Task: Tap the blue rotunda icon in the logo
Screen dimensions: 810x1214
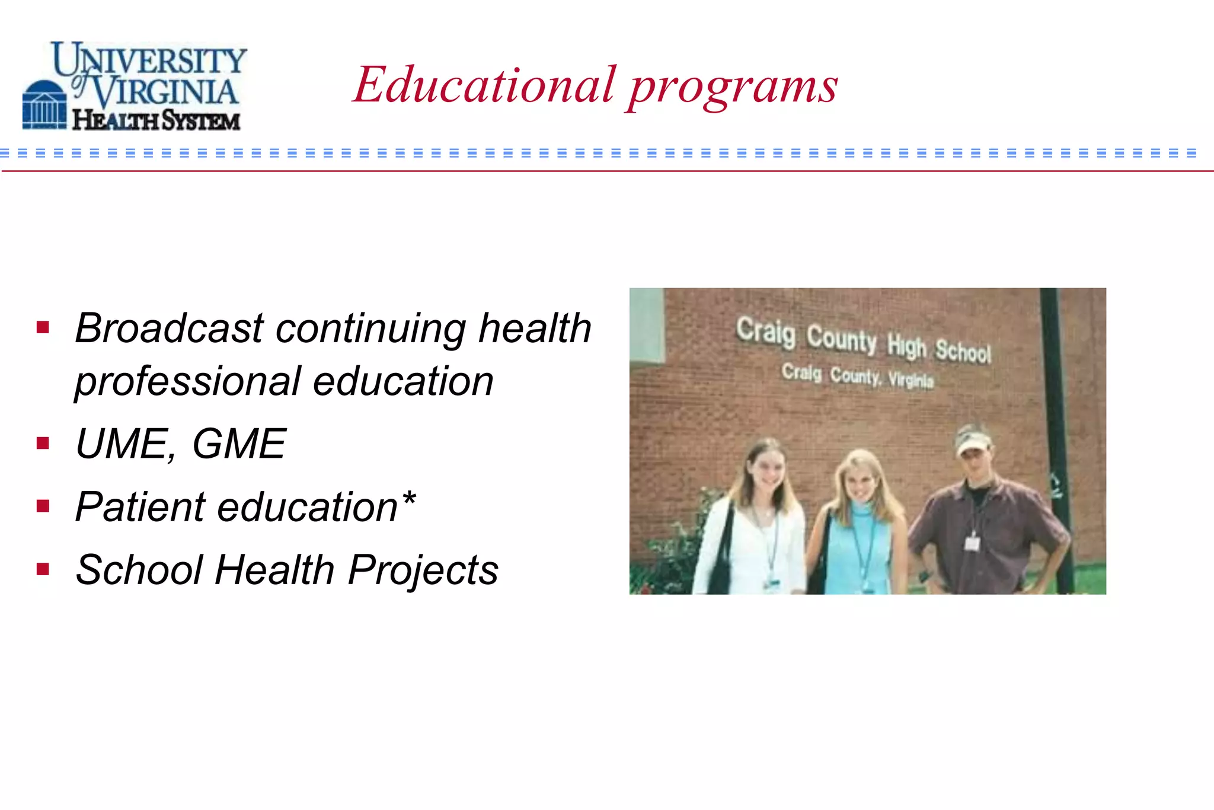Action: tap(44, 105)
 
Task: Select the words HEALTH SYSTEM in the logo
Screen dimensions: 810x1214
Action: tap(156, 120)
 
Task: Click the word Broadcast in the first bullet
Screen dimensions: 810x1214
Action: tap(169, 328)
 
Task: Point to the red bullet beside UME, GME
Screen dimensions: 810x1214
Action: tap(43, 443)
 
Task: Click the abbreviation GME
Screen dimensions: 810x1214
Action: tap(239, 444)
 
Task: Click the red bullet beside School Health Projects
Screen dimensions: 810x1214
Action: tap(43, 569)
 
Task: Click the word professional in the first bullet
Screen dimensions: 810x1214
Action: tap(187, 381)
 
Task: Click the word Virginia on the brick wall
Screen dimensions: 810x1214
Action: tap(910, 380)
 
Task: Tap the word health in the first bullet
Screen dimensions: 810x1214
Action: tap(535, 328)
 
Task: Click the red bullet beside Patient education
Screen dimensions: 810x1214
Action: tap(43, 506)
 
